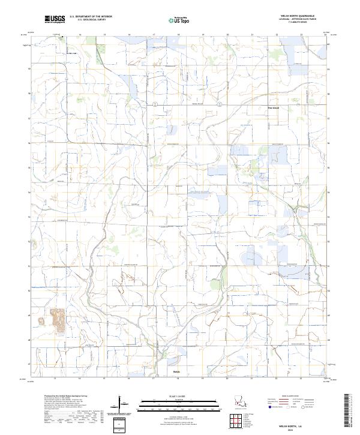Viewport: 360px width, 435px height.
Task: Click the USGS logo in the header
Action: pyautogui.click(x=55, y=20)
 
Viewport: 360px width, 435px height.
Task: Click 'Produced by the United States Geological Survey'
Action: pyautogui.click(x=67, y=396)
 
